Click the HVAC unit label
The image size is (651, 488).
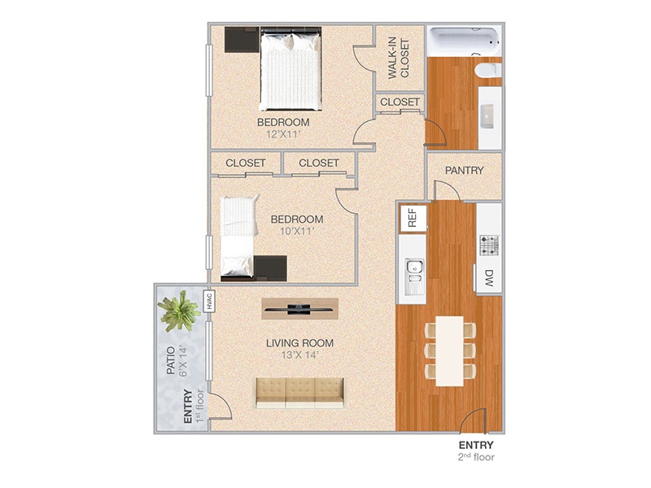(x=208, y=301)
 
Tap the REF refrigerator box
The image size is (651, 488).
(x=412, y=217)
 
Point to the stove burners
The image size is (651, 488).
(x=489, y=243)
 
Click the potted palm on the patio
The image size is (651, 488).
(x=180, y=312)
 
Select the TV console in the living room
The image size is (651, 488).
(x=300, y=307)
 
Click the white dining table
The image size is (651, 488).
(x=448, y=351)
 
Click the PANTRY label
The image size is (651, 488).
(x=465, y=171)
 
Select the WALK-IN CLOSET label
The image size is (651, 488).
(x=398, y=57)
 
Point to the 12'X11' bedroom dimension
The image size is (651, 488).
(x=283, y=135)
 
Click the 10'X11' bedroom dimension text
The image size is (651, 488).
(x=297, y=231)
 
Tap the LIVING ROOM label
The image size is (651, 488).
(x=300, y=342)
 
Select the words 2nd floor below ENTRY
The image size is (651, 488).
(x=476, y=457)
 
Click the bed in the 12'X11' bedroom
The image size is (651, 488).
(x=290, y=68)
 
